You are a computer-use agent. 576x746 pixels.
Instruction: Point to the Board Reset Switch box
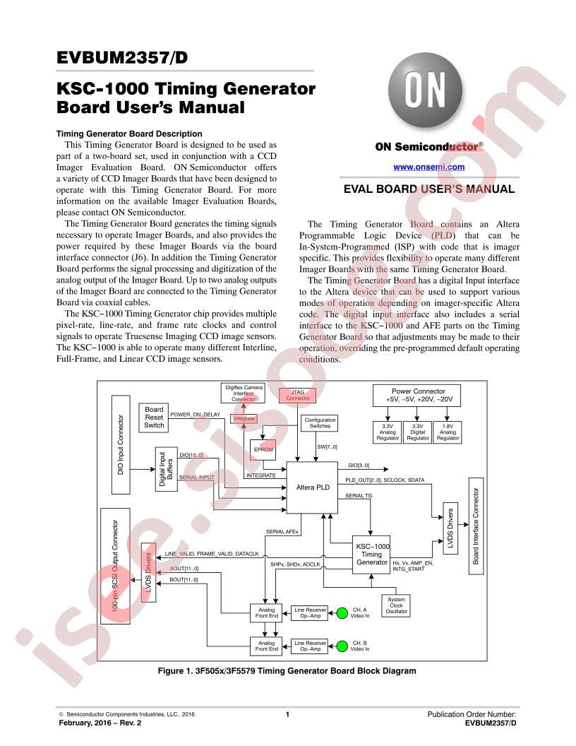click(x=154, y=417)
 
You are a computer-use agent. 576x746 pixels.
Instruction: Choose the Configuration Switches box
click(x=319, y=423)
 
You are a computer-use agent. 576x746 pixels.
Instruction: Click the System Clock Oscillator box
click(x=397, y=605)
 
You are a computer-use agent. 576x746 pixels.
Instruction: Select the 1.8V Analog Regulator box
click(x=448, y=432)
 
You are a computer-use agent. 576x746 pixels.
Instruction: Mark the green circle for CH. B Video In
click(x=342, y=644)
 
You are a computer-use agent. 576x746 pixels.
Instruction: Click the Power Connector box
click(x=418, y=395)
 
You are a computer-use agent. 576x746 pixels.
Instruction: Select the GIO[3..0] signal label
click(x=359, y=466)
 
